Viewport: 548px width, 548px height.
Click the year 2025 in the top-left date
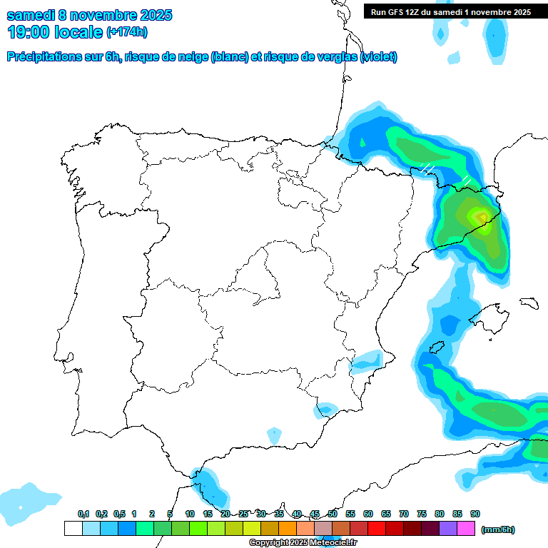[x=151, y=15]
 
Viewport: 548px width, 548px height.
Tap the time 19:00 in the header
[x=30, y=32]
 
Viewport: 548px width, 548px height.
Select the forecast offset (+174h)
[x=126, y=32]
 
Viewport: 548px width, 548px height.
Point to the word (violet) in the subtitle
[x=379, y=57]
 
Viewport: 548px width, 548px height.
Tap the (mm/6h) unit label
[x=498, y=529]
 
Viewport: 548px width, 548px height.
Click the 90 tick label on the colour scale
[x=475, y=514]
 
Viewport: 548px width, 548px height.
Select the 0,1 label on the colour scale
[x=83, y=514]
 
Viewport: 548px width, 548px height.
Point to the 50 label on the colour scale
[x=333, y=514]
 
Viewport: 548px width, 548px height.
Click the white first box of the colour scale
[x=73, y=528]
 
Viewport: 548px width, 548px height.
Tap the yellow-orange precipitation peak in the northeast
[x=479, y=215]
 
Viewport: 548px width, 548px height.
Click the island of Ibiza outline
[x=437, y=348]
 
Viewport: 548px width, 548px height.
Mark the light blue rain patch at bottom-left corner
[x=29, y=501]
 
